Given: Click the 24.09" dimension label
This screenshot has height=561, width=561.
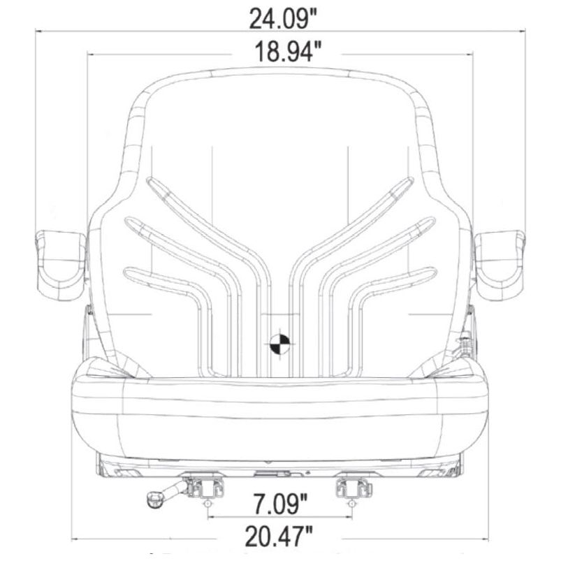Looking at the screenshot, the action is (283, 20).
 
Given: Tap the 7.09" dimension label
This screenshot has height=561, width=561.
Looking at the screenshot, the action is (280, 504).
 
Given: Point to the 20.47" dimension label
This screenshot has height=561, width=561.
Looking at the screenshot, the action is (279, 536).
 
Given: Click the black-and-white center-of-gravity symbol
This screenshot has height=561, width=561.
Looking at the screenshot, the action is (280, 344).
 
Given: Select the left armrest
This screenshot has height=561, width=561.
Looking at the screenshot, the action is (60, 264).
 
